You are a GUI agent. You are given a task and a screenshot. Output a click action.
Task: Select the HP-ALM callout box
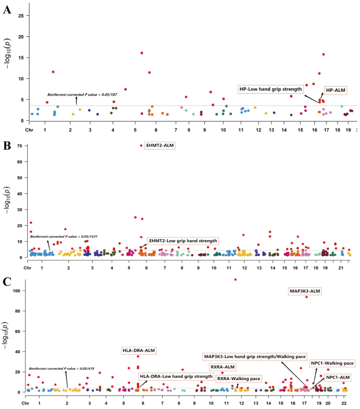pyautogui.click(x=336, y=90)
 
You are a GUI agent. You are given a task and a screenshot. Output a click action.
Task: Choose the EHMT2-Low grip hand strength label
pyautogui.click(x=183, y=241)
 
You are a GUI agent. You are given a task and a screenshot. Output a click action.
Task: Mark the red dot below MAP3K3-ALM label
pyautogui.click(x=307, y=297)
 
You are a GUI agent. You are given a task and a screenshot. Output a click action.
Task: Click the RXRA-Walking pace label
pyautogui.click(x=239, y=379)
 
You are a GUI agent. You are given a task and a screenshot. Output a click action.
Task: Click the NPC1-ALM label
pyautogui.click(x=338, y=377)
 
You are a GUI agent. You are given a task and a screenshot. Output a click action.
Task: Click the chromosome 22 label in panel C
pyautogui.click(x=344, y=404)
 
